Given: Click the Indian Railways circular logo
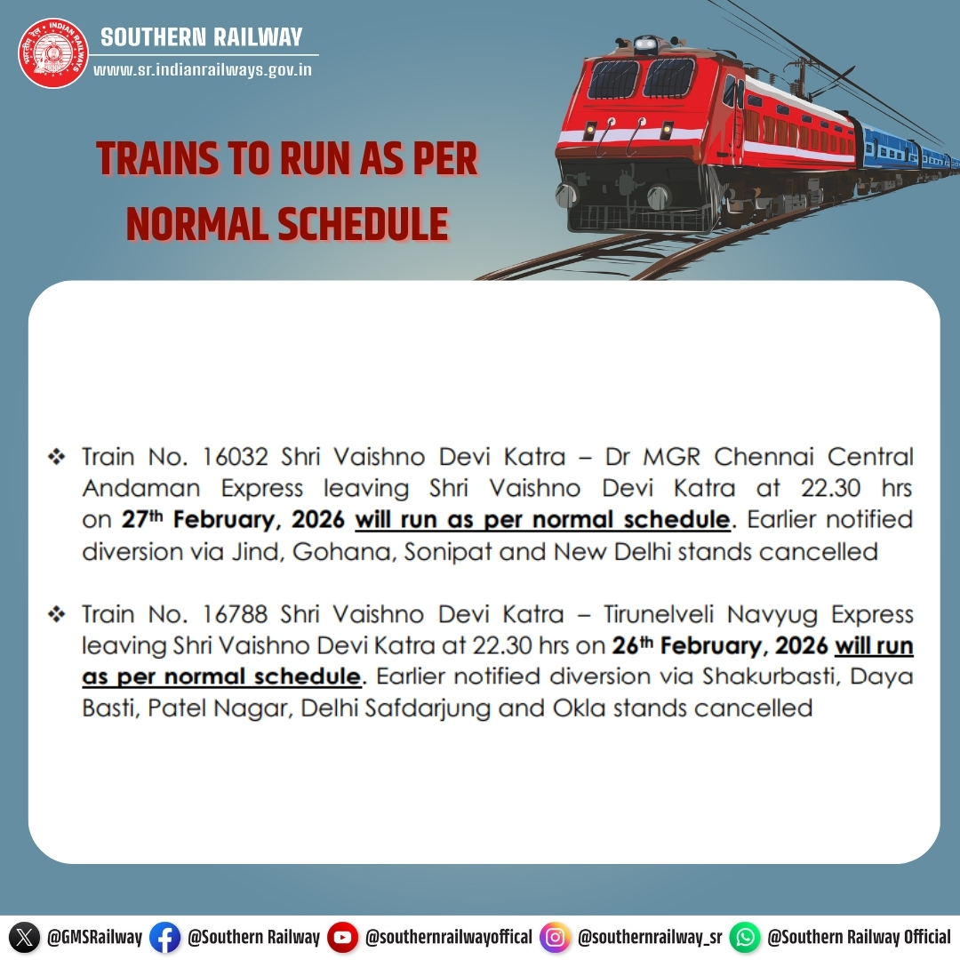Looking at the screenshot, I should point(54,53).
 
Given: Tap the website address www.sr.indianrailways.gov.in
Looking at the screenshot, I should point(203,69).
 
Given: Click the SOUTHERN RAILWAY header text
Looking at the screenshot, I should point(202,37).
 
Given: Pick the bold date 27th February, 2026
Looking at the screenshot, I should point(233,520).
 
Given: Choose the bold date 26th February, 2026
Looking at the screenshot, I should point(720,645).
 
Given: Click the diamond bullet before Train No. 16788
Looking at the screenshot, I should point(57,614).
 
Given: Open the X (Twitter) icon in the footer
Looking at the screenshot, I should point(25,937).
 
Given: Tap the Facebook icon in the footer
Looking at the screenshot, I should point(164,937).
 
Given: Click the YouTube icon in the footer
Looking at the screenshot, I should point(342,937).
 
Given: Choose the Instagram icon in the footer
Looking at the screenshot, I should point(556,937).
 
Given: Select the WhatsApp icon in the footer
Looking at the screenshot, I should point(745,937).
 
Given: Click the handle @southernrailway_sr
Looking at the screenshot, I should point(649,937).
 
